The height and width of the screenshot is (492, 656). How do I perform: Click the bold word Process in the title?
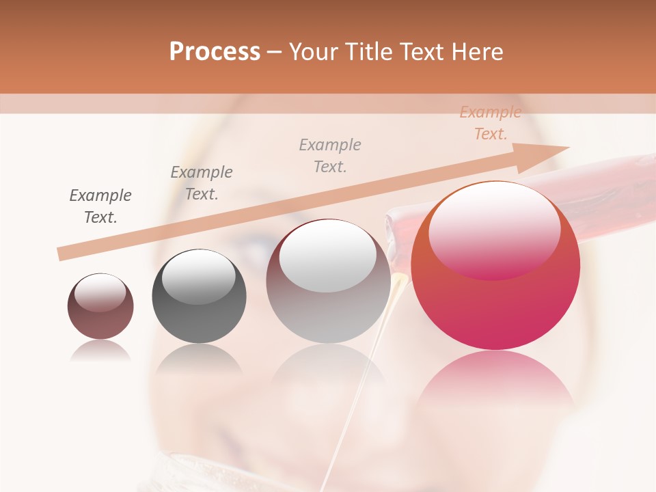click(215, 52)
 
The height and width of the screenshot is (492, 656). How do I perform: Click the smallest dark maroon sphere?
click(100, 306)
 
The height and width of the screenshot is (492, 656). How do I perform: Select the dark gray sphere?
click(199, 297)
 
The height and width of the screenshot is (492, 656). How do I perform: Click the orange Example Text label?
click(490, 123)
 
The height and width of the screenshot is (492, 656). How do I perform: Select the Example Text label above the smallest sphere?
click(100, 206)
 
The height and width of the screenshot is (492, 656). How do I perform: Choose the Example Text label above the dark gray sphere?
click(202, 182)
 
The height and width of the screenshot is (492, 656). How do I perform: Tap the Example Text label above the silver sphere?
click(330, 155)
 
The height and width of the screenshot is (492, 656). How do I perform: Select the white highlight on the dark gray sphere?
click(199, 277)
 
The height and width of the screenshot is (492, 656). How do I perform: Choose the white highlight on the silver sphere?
click(328, 256)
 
